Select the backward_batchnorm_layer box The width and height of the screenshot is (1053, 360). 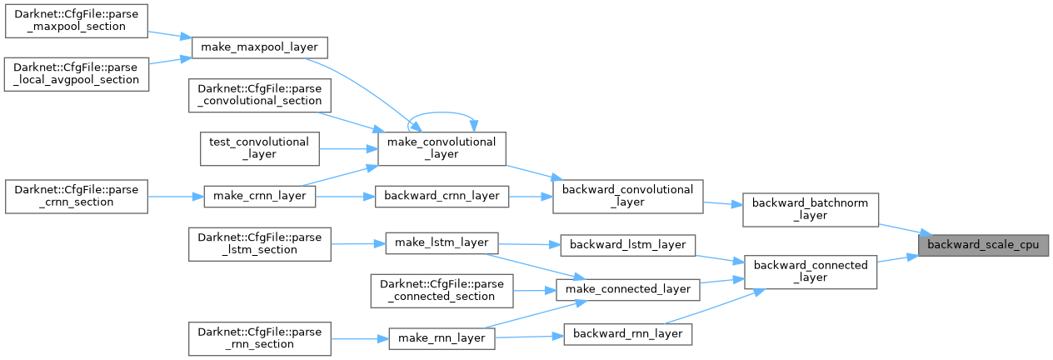[x=811, y=208]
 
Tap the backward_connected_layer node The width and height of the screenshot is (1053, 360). [x=811, y=271]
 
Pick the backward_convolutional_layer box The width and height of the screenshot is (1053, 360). [x=629, y=196]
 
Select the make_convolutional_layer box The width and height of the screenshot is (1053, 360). [x=442, y=147]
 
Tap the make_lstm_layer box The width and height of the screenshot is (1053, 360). [x=442, y=242]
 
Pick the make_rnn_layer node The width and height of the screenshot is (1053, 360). [x=442, y=338]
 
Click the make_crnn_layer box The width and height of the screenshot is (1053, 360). [x=260, y=195]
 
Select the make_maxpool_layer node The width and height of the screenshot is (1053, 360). [x=260, y=47]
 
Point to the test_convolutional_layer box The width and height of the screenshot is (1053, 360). [x=260, y=147]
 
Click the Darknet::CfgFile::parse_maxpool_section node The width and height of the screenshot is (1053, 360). [x=77, y=20]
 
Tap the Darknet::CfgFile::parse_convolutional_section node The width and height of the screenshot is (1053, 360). [x=260, y=94]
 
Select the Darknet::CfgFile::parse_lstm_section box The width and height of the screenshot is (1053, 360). [x=260, y=242]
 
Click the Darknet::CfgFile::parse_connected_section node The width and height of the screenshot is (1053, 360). [x=442, y=290]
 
